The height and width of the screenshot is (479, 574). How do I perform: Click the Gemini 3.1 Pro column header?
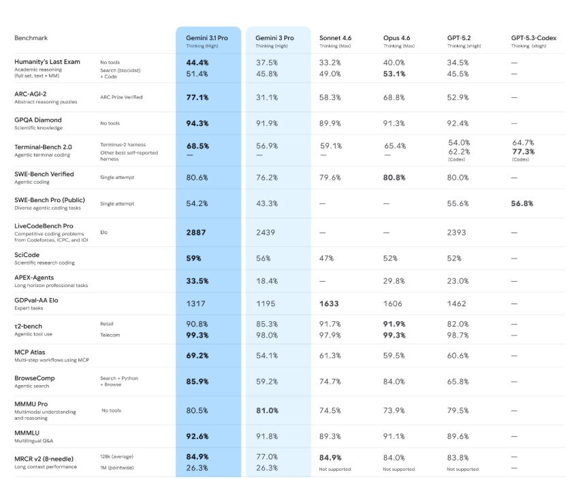[x=206, y=38]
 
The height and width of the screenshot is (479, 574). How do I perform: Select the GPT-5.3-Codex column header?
[x=533, y=38]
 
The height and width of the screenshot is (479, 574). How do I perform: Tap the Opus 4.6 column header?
[x=396, y=38]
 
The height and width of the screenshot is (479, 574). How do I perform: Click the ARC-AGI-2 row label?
[x=32, y=94]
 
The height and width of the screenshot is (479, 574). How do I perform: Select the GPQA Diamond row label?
[x=37, y=120]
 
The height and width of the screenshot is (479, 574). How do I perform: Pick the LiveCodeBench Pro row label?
[x=44, y=226]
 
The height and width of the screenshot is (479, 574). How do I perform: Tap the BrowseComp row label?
[x=35, y=378]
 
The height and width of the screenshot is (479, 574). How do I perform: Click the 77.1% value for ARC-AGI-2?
[x=197, y=98]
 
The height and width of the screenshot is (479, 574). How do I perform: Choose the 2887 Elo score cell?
[x=196, y=233]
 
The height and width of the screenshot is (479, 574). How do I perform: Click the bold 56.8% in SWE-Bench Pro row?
[x=522, y=203]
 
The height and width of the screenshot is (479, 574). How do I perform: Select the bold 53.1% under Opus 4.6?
[x=395, y=73]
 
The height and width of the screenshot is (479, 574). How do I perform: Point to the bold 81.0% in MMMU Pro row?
[x=267, y=410]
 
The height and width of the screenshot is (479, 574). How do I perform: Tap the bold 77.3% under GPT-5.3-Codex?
[x=523, y=152]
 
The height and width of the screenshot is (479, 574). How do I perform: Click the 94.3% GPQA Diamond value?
[x=197, y=124]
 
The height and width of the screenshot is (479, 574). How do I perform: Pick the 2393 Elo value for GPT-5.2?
[x=457, y=233]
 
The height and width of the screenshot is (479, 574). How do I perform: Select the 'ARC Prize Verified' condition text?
[x=121, y=97]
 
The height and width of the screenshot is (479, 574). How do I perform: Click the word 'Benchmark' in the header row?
[x=31, y=38]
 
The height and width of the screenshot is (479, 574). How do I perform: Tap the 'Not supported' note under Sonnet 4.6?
[x=334, y=469]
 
